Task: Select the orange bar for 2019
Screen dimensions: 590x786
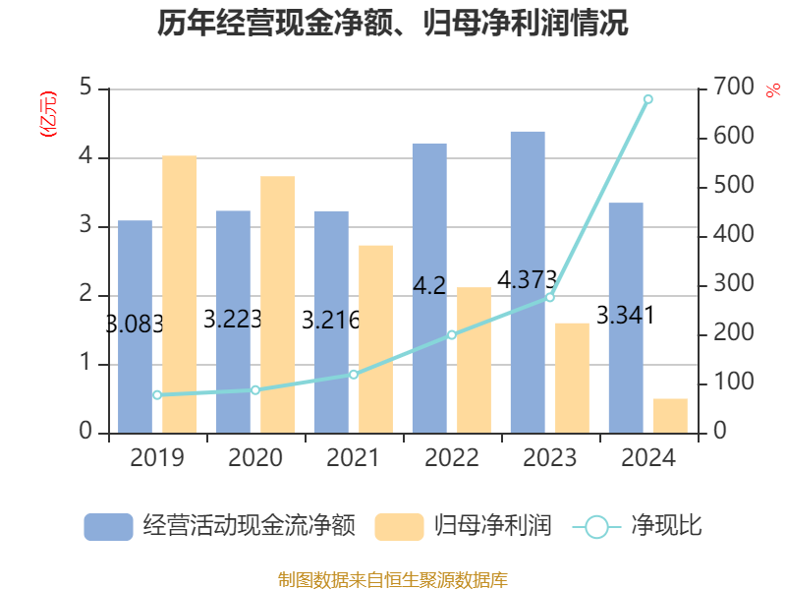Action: [180, 294]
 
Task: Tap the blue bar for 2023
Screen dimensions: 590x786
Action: [528, 281]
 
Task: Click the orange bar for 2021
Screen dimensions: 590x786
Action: [375, 338]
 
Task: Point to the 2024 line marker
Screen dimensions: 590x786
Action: [647, 99]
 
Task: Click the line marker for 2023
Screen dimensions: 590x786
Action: [549, 297]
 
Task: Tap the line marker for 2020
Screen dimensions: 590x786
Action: [255, 390]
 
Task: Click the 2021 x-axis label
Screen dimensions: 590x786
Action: [354, 458]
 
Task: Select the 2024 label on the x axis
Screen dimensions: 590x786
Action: [647, 458]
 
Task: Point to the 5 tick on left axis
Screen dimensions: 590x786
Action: [85, 88]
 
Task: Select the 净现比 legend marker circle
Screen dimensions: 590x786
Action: [596, 527]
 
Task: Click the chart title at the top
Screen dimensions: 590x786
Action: [393, 24]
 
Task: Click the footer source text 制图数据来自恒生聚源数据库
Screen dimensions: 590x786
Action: [393, 579]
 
